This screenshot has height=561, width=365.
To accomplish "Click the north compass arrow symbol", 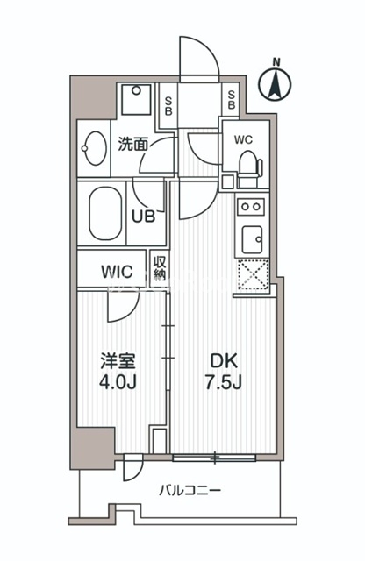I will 276,86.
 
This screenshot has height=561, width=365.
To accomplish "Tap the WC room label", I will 242,138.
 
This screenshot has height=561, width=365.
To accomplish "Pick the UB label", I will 144,216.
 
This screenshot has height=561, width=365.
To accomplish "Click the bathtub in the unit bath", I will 106,214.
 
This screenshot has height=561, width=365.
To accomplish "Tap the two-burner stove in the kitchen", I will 251,208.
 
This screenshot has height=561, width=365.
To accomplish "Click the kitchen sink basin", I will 252,237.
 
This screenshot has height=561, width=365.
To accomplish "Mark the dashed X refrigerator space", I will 251,273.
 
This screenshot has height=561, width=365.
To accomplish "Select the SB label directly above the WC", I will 232,99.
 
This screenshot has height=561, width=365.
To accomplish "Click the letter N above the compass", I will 276,61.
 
